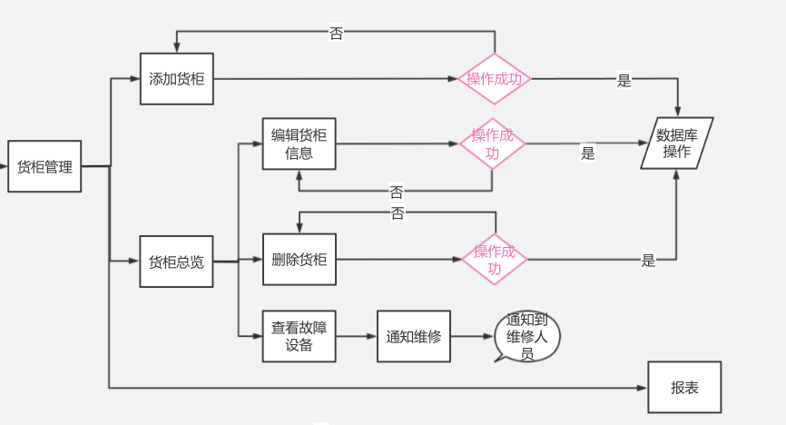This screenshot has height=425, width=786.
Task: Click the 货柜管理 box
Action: [44, 166]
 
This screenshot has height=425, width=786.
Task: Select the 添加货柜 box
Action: [177, 79]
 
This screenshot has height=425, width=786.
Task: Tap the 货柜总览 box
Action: [176, 262]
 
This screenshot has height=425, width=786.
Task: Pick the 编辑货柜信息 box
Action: [299, 143]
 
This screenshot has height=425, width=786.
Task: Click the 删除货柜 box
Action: [299, 259]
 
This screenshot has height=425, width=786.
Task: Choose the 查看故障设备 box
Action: [299, 336]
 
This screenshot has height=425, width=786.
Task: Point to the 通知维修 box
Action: [413, 336]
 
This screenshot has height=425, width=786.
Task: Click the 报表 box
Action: [684, 387]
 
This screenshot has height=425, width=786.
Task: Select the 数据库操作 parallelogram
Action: [677, 143]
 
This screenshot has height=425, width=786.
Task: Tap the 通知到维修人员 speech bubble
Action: [527, 336]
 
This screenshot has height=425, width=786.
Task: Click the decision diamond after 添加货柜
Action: [495, 79]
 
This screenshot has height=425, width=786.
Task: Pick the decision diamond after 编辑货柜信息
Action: [492, 143]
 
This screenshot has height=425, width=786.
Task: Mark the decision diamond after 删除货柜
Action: [495, 260]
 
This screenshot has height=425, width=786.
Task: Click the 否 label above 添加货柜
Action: [336, 34]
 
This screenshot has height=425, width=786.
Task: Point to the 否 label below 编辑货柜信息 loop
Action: [397, 193]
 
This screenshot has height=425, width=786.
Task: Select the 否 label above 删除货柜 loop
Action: [398, 213]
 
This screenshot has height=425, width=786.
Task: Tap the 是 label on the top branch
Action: [624, 80]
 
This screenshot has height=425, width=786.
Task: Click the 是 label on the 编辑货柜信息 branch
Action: [588, 153]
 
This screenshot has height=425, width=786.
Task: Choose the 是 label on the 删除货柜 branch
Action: [648, 261]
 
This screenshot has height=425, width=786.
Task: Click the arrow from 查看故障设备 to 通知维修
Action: [356, 336]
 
